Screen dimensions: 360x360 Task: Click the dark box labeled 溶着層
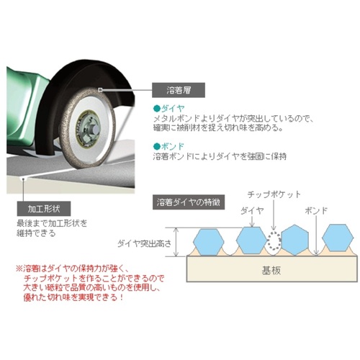tap(179, 90)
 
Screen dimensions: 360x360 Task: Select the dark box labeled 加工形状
tap(44, 209)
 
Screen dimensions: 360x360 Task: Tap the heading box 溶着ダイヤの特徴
tap(189, 202)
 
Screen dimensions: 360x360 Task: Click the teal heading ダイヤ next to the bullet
tap(173, 109)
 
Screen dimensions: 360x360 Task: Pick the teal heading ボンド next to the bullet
tap(173, 146)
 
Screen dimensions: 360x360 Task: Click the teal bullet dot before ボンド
tap(156, 146)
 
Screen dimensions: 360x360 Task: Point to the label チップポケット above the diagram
tap(274, 194)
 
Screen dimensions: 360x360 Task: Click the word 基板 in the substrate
tap(271, 271)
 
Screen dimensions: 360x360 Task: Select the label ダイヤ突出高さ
tap(145, 243)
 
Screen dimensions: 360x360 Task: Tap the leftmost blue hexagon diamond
tap(208, 241)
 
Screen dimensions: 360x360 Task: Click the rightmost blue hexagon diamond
tap(338, 238)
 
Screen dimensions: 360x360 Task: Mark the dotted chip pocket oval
tap(274, 240)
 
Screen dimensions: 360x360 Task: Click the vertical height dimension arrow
tap(176, 242)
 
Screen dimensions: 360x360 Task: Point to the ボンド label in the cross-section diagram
tap(316, 211)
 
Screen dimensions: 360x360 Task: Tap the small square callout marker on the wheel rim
tap(100, 90)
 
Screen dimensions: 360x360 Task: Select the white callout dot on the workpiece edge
tap(23, 179)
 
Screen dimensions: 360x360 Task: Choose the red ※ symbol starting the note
tap(19, 268)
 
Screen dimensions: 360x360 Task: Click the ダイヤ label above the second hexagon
tap(252, 211)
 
